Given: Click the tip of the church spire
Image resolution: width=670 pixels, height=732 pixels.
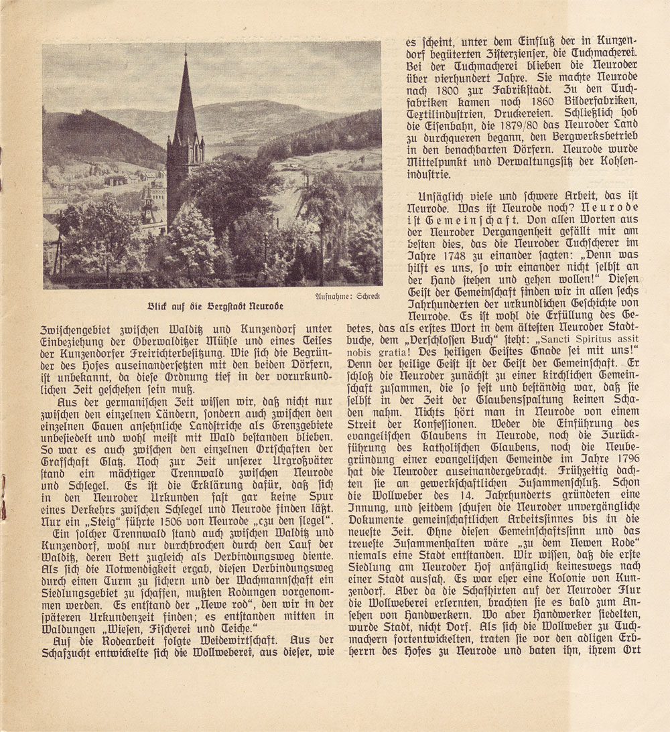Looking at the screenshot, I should pos(185,54).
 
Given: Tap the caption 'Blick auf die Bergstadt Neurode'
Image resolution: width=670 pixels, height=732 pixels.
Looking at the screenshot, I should pos(215,306).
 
